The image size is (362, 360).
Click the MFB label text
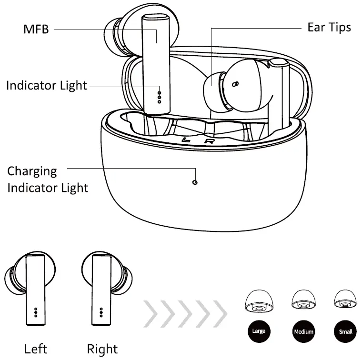tap(36, 30)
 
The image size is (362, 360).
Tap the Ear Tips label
tap(329, 27)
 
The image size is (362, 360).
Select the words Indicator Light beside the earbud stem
tap(47, 86)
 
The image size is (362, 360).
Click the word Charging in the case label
tap(32, 171)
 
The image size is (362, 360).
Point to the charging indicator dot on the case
tap(195, 182)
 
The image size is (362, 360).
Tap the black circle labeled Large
tap(259, 331)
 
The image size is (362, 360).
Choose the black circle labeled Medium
tap(303, 331)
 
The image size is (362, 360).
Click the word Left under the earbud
tap(36, 349)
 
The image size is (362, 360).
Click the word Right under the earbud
tap(102, 349)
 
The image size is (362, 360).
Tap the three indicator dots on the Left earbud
tap(36, 312)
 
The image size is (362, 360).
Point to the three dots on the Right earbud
tap(101, 312)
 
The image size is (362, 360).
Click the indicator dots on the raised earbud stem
tap(160, 94)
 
